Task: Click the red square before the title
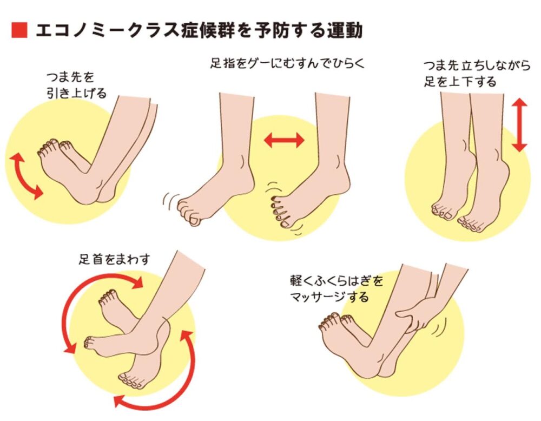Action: click(19, 30)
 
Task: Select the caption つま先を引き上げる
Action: click(76, 85)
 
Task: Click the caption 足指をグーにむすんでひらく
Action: click(287, 63)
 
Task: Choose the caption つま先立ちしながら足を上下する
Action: click(477, 74)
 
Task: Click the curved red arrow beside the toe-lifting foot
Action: click(23, 176)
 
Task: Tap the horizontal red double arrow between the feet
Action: click(284, 141)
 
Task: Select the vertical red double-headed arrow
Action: click(519, 125)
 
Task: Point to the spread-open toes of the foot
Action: click(280, 211)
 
